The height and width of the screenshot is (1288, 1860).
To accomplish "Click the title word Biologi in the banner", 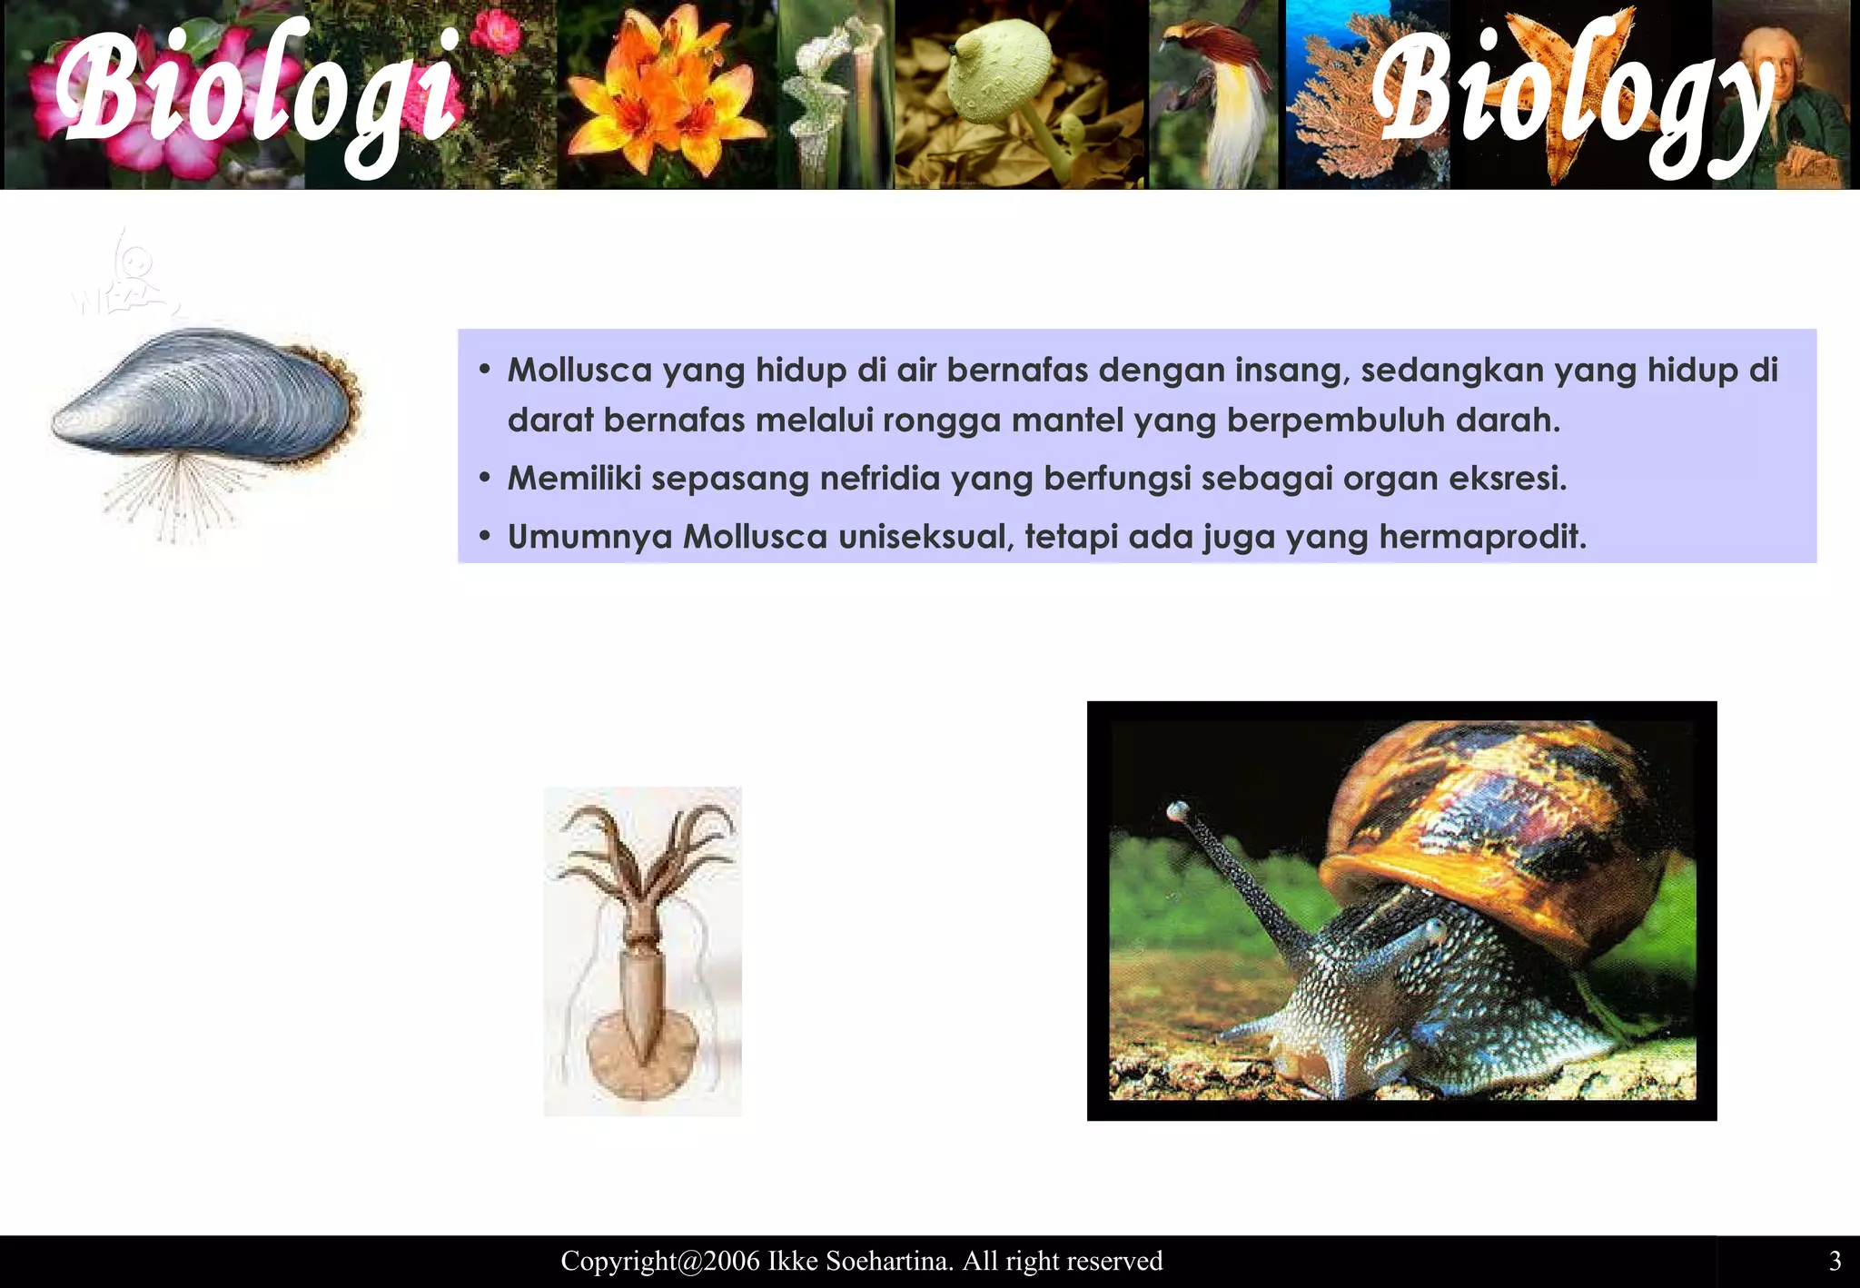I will tap(259, 95).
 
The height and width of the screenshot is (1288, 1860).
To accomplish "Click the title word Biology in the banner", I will tap(1571, 100).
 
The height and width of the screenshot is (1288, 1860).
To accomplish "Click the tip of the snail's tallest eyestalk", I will tap(1178, 807).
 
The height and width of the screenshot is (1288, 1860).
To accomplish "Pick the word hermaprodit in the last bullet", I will tap(1482, 537).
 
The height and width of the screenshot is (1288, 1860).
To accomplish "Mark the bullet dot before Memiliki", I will tap(485, 478).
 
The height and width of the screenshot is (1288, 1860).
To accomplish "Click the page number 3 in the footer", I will tap(1835, 1261).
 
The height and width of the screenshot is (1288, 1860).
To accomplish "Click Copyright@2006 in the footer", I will tap(660, 1261).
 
